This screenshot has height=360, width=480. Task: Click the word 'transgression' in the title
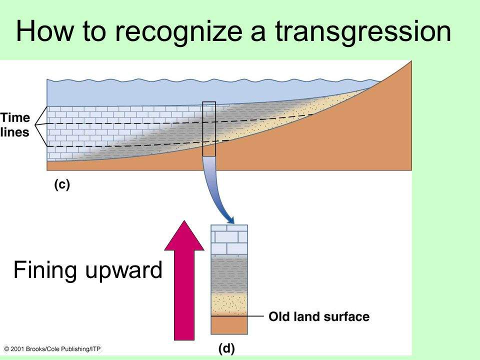click(x=363, y=32)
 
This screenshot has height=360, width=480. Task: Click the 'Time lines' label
click(x=15, y=125)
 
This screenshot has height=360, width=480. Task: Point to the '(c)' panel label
click(x=61, y=184)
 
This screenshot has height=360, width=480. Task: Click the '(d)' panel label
click(x=226, y=347)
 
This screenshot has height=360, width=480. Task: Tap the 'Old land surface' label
click(x=319, y=316)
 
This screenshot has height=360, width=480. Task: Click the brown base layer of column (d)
click(x=229, y=325)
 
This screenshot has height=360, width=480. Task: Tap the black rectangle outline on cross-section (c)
click(x=209, y=129)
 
